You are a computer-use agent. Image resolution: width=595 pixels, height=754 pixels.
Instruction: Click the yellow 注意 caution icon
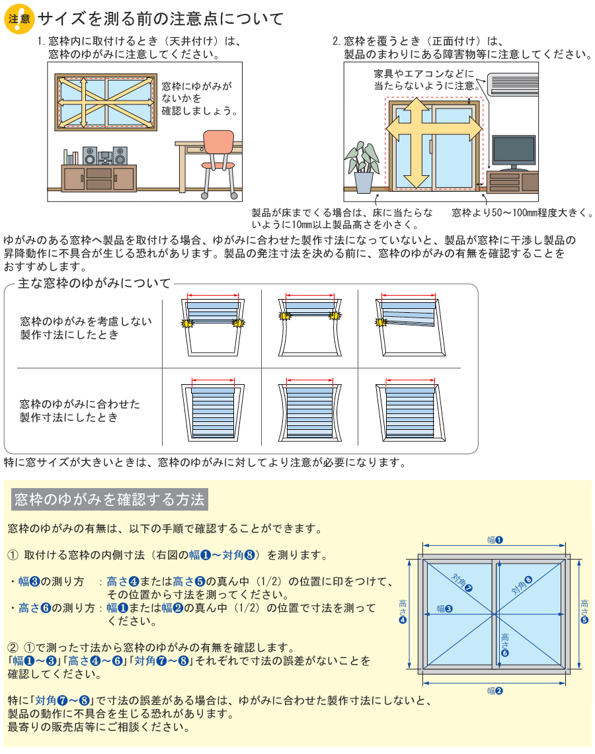[19, 19]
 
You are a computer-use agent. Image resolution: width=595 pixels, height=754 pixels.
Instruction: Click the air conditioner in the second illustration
[513, 84]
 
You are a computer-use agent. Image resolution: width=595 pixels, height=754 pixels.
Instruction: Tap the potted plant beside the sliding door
[362, 167]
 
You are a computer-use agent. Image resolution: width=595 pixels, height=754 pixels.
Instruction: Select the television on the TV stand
[514, 152]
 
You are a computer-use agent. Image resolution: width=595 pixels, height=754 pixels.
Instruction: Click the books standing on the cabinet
[71, 157]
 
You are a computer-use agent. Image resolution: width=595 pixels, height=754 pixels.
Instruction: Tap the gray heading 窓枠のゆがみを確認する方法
[110, 499]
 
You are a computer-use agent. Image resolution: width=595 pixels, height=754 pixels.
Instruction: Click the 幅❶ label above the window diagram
[495, 540]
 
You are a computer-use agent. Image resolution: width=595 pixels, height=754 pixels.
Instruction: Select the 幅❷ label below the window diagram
[495, 691]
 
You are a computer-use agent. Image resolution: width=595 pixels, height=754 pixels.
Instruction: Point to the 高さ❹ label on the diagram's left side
[403, 611]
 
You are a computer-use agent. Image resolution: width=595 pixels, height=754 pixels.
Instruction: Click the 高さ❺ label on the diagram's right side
[584, 611]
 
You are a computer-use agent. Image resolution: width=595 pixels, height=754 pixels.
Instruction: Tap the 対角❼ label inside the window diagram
[462, 582]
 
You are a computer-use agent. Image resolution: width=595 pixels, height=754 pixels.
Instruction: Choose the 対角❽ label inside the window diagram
[522, 585]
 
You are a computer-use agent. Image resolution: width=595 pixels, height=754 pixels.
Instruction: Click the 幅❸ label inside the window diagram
[444, 608]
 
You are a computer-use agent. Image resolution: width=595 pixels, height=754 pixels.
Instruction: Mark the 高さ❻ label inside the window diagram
[504, 645]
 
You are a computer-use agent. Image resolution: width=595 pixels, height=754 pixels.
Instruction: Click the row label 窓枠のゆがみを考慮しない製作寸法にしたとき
[85, 328]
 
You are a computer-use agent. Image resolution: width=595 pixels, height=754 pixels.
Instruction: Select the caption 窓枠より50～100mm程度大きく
[522, 212]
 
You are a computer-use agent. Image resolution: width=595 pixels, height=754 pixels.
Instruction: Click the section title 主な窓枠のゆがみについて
[94, 283]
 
